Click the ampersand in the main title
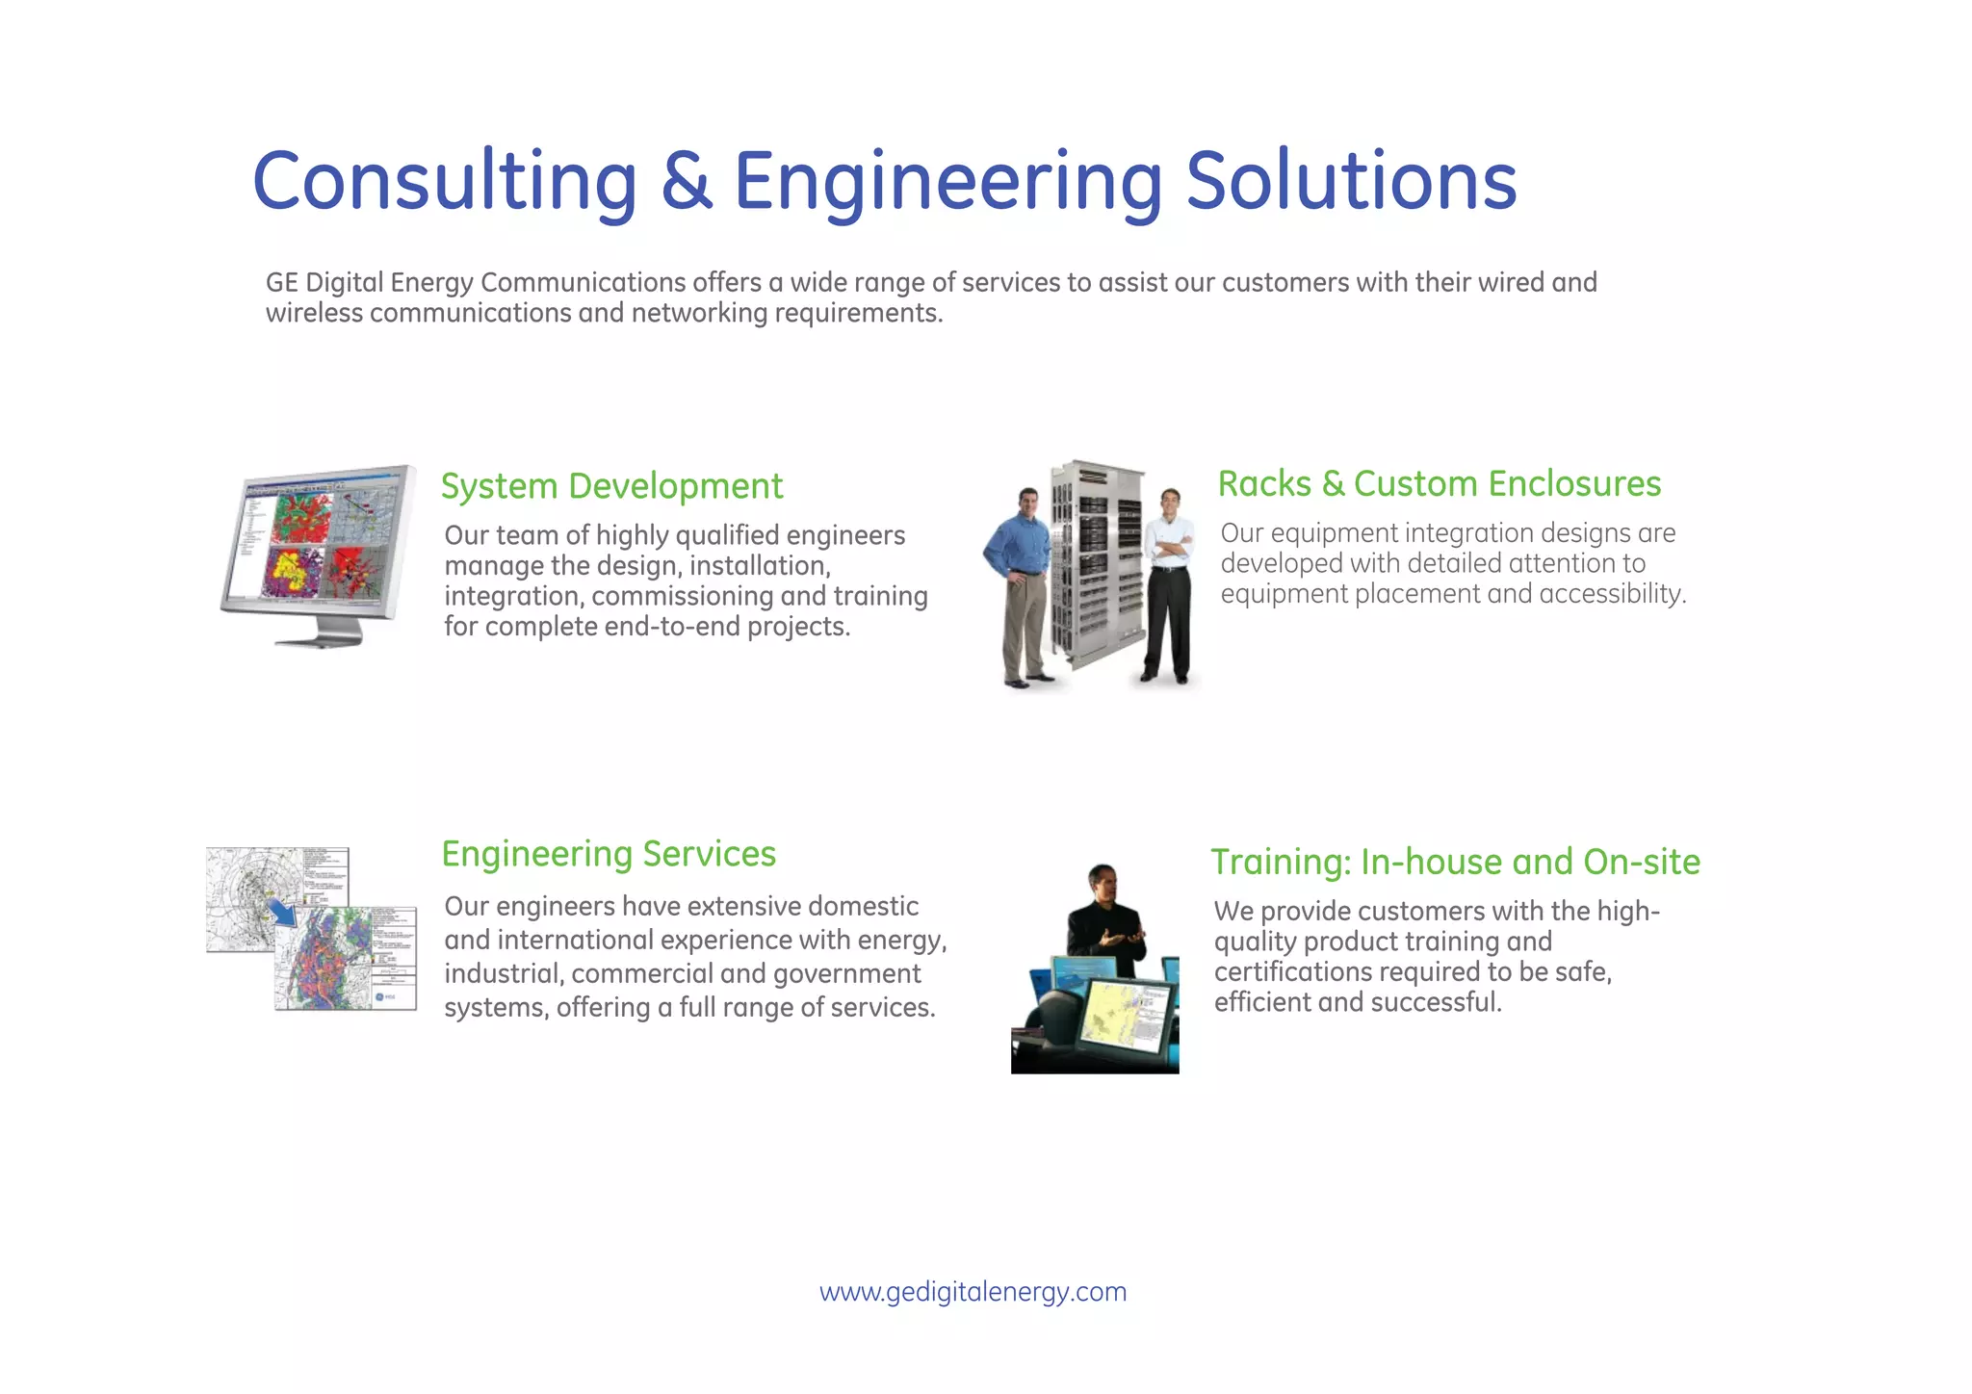click(687, 181)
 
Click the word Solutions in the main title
click(1351, 181)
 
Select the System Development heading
click(611, 486)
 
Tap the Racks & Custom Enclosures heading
click(1439, 483)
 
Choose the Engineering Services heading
click(609, 854)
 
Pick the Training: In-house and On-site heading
click(1455, 862)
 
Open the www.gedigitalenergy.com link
click(973, 1291)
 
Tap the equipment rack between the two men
click(1097, 563)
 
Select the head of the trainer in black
click(1102, 880)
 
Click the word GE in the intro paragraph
click(282, 283)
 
